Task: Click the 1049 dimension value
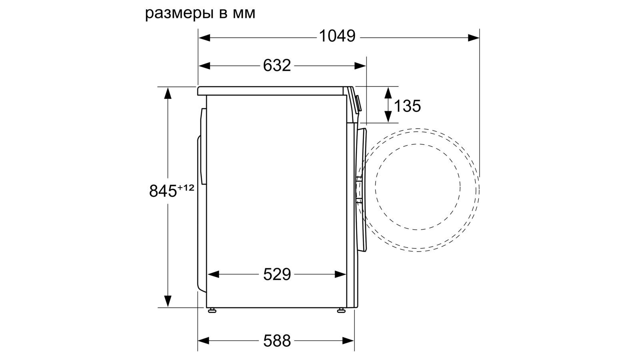click(337, 36)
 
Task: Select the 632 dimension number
click(277, 66)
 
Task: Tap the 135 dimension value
click(407, 106)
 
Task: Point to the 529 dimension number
click(277, 274)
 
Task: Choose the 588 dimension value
click(277, 340)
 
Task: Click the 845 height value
click(163, 191)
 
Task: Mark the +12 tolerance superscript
click(186, 188)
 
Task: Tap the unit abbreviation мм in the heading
click(244, 14)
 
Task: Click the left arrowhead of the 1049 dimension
click(204, 38)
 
